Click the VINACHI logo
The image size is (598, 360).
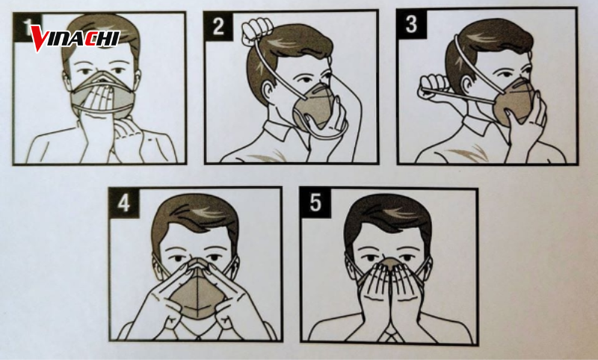[x=75, y=38]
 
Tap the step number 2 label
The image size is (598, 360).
[x=218, y=26]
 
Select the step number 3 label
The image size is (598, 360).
[x=412, y=24]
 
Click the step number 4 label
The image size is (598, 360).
[x=124, y=202]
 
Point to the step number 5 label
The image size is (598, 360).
[x=315, y=202]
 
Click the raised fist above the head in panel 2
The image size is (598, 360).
[x=257, y=30]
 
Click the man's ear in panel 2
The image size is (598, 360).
[x=269, y=90]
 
